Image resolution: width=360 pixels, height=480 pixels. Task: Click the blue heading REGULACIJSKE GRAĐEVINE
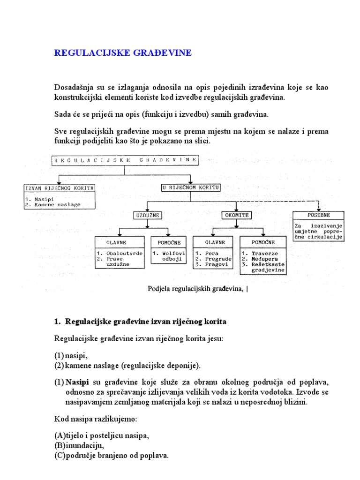(123, 53)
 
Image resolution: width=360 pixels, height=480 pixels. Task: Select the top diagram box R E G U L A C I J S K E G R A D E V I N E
(125, 160)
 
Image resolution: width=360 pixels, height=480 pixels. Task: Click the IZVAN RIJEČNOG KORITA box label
(59, 188)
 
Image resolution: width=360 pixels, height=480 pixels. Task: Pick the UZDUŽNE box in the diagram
(147, 215)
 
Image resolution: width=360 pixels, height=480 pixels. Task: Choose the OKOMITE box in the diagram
(236, 215)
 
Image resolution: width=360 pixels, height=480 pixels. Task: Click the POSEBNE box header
(319, 215)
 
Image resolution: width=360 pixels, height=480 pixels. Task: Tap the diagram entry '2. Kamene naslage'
(53, 204)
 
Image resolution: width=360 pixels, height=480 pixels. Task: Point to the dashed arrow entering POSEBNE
(319, 207)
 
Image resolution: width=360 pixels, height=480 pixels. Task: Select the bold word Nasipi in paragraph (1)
(76, 382)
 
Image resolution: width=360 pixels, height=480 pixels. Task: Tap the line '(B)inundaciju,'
(78, 446)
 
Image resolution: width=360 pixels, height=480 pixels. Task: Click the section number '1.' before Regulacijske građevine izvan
(58, 322)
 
